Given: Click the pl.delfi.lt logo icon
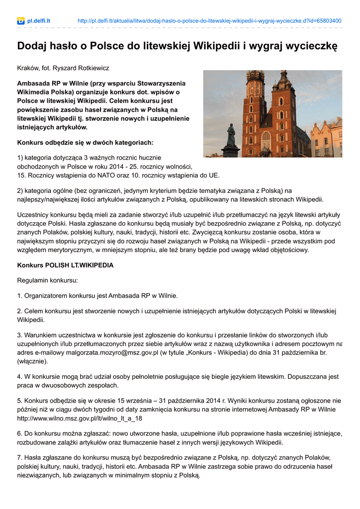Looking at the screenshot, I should tap(21, 21).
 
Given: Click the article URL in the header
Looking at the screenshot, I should tap(209, 21).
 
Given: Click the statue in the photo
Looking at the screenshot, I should tap(231, 141).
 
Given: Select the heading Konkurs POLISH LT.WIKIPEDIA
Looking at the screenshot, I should tap(65, 265).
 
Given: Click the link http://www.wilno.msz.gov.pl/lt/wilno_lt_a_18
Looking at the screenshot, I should tap(80, 418).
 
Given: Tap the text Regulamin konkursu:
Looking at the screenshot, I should tap(47, 281).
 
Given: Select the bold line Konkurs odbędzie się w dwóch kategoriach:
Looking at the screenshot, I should tap(85, 143).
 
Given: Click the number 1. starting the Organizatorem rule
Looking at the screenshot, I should tap(20, 296).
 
